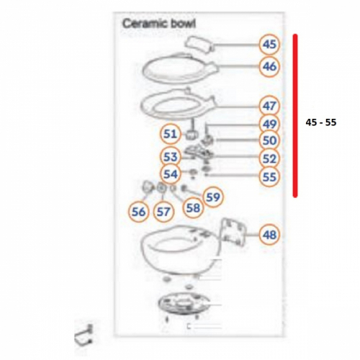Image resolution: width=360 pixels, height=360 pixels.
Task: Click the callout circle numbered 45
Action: pyautogui.click(x=269, y=45)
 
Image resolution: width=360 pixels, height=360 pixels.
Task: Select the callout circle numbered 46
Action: pyautogui.click(x=269, y=66)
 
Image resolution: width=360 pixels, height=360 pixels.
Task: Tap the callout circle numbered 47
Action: pyautogui.click(x=269, y=106)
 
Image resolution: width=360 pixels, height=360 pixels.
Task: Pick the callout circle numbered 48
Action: pyautogui.click(x=269, y=235)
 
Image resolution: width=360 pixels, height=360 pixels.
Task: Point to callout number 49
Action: pyautogui.click(x=269, y=125)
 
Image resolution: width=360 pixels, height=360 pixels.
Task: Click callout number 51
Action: pyautogui.click(x=170, y=134)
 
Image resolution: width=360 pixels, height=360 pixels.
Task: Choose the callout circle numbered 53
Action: pyautogui.click(x=170, y=157)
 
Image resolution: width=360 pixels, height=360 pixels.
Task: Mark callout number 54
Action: pyautogui.click(x=170, y=174)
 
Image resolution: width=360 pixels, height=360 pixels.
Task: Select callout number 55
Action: pyautogui.click(x=269, y=177)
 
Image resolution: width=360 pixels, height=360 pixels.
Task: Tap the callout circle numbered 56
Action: pyautogui.click(x=139, y=212)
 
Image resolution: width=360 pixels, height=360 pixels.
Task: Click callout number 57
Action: pyautogui.click(x=163, y=212)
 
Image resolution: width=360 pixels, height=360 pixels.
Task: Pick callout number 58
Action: pyautogui.click(x=193, y=208)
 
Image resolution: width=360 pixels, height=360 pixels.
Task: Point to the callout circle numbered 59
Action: pyautogui.click(x=213, y=197)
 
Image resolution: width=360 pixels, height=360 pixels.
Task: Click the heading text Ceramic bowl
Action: pyautogui.click(x=159, y=24)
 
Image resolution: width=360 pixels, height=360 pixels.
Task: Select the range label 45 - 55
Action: pyautogui.click(x=321, y=122)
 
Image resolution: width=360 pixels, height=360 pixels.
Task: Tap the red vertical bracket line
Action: pyautogui.click(x=295, y=116)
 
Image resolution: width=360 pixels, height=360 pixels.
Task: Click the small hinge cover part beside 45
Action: pyautogui.click(x=199, y=43)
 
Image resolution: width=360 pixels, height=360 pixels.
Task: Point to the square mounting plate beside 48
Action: pyautogui.click(x=233, y=232)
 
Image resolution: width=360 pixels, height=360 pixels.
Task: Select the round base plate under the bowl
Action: pyautogui.click(x=184, y=304)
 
